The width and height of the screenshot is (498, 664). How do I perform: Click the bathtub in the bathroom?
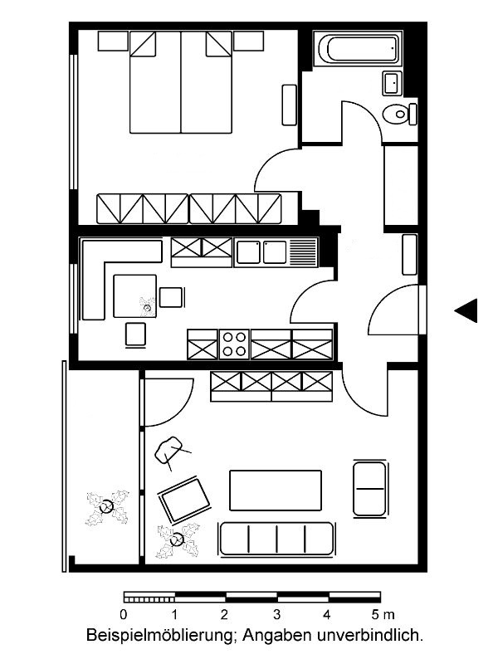(359, 48)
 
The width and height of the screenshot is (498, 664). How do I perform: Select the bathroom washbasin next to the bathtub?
(392, 83)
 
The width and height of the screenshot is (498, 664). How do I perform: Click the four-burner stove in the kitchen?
(235, 344)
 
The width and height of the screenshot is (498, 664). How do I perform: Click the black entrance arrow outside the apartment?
(466, 310)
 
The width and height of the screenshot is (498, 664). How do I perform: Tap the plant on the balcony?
(107, 507)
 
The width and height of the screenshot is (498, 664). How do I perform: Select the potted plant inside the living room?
(178, 540)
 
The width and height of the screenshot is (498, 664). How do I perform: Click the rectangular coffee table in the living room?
(276, 491)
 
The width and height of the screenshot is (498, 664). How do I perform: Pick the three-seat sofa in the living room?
(276, 539)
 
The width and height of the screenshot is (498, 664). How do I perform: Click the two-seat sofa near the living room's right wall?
(369, 488)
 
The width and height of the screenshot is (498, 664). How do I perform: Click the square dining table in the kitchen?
(135, 296)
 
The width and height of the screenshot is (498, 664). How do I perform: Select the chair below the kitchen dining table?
(136, 335)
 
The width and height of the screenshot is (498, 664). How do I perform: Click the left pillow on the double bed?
(143, 44)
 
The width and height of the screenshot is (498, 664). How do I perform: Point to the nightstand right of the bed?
(248, 41)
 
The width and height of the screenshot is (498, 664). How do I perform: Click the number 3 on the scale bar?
(277, 614)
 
